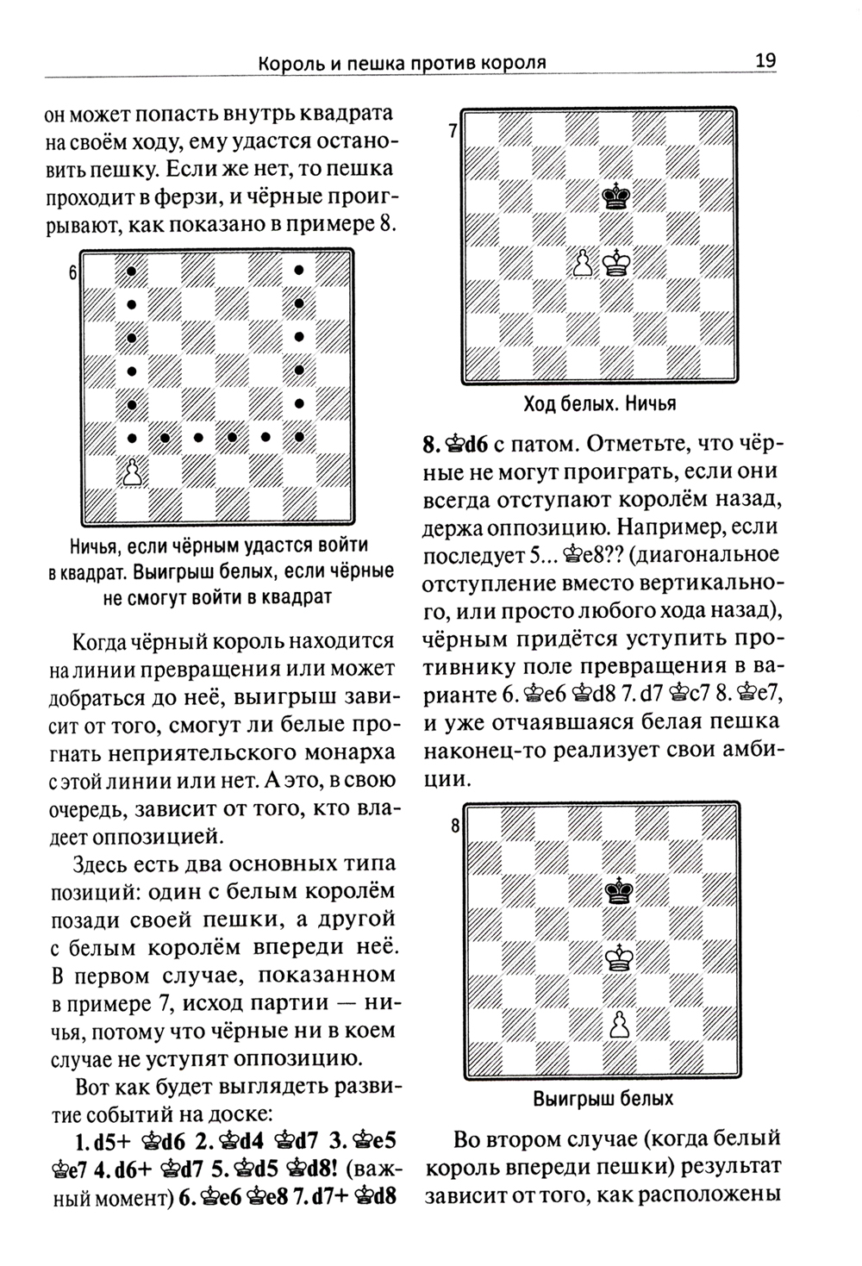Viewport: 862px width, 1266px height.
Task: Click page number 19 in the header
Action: pos(765,60)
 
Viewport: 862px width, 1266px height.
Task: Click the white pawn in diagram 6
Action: pos(131,472)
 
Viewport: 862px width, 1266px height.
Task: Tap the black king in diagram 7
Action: pos(615,196)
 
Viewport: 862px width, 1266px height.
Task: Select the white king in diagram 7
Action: pos(615,263)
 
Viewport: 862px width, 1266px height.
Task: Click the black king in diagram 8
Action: pos(617,890)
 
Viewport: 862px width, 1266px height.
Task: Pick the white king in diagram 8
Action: pos(617,957)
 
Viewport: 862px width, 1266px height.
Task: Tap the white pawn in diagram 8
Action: pos(617,1024)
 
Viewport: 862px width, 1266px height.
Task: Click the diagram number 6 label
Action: pos(74,274)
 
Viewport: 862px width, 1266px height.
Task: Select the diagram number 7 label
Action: pos(453,132)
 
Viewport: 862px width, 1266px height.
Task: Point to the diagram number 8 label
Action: pos(455,826)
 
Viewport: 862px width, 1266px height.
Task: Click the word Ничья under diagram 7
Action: pos(650,404)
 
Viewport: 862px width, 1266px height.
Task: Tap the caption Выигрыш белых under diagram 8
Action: pos(603,1099)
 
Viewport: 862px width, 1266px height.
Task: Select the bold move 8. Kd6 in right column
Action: pos(457,446)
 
